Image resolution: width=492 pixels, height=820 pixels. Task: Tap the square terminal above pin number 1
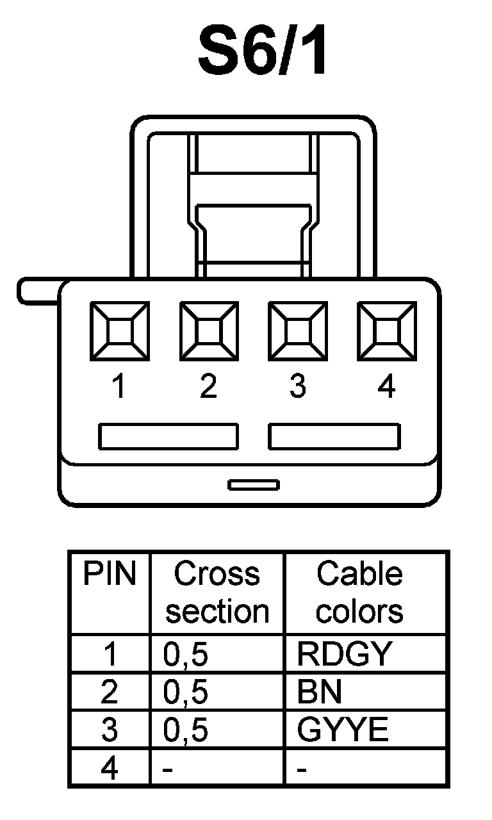119,331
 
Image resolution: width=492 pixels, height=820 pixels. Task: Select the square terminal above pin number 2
208,331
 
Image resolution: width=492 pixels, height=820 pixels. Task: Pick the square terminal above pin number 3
297,331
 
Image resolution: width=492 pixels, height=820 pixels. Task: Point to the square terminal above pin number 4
386,331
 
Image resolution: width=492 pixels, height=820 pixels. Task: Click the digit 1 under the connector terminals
119,387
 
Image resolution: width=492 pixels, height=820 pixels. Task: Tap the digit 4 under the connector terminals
386,387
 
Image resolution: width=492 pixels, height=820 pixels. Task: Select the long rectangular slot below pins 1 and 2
168,436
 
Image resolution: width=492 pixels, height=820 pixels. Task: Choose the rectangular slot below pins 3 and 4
334,436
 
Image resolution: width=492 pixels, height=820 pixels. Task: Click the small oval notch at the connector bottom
254,484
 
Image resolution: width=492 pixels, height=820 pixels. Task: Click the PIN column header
110,575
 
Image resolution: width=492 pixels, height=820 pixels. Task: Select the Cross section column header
217,593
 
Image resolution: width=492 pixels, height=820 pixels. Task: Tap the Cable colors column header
359,593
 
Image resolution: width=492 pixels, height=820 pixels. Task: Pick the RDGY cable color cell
343,654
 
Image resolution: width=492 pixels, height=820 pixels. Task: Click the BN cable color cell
320,692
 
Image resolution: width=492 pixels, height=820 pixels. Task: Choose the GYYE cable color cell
343,730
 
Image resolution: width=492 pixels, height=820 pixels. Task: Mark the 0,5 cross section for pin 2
186,692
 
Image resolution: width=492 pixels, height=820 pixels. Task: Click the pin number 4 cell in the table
110,768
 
